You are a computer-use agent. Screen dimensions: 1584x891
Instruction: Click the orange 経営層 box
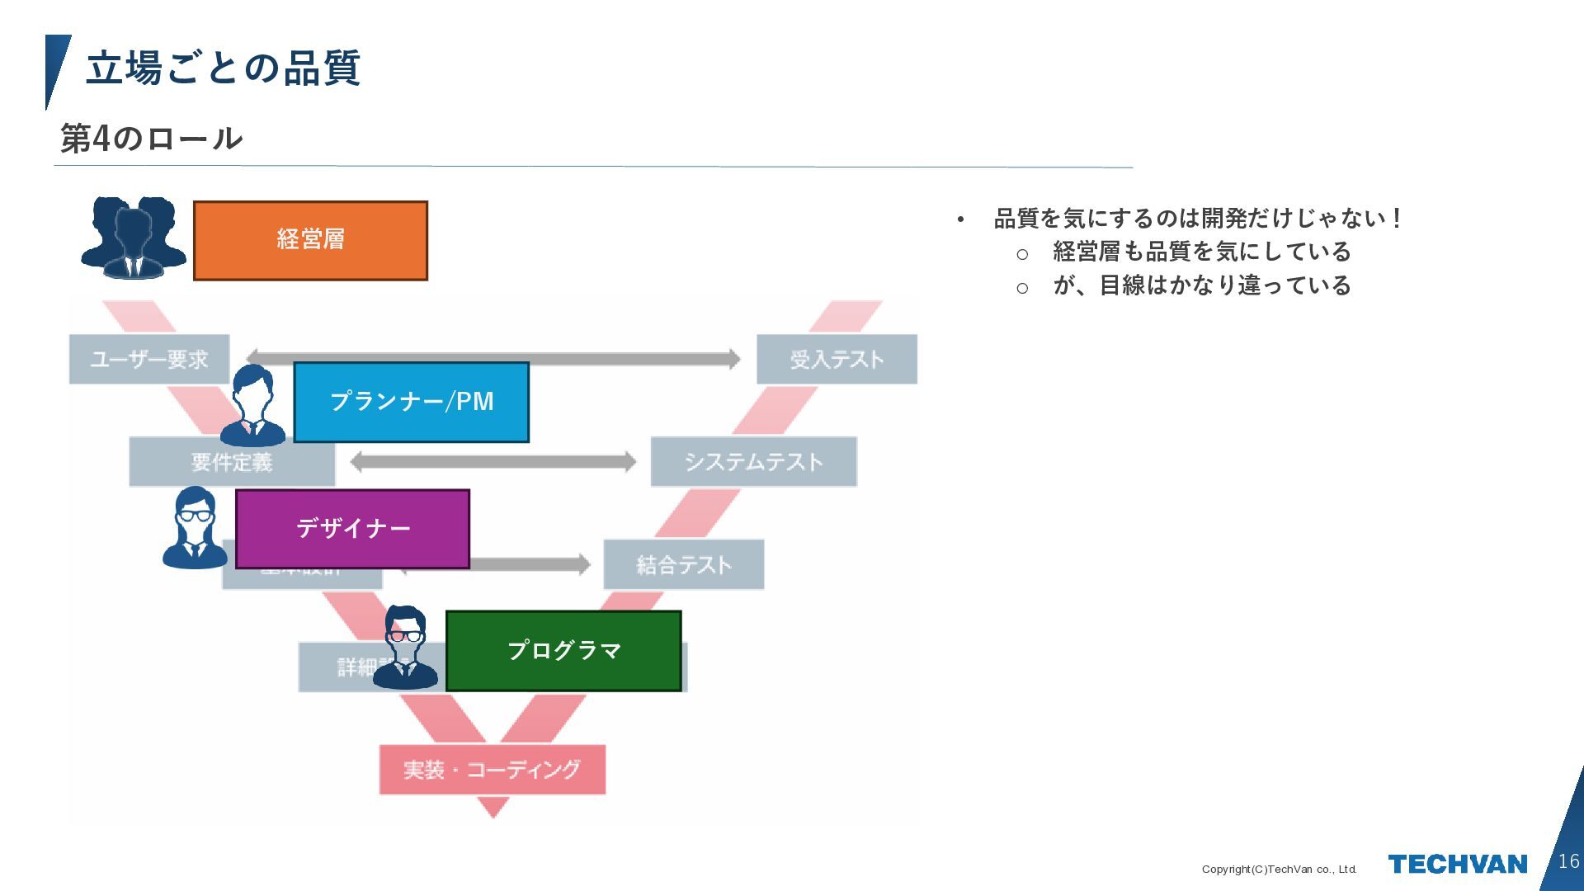click(x=310, y=240)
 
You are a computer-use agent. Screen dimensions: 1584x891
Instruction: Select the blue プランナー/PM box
click(x=411, y=402)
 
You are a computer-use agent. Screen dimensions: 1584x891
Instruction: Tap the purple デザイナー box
click(x=352, y=529)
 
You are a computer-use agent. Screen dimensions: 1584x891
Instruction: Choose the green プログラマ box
click(x=563, y=651)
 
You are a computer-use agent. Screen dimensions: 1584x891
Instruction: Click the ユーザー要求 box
click(x=148, y=359)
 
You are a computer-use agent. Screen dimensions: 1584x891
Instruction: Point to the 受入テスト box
click(x=837, y=359)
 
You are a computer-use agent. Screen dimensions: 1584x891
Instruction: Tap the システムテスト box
click(x=753, y=462)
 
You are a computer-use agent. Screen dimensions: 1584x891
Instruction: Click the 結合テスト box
click(x=683, y=565)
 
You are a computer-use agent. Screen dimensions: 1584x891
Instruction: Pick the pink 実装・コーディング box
click(x=492, y=770)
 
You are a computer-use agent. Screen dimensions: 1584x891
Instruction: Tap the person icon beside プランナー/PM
click(x=253, y=407)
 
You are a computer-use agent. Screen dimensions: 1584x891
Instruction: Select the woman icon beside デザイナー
click(x=195, y=528)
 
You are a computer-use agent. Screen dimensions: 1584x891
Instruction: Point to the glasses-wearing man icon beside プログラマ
click(x=405, y=648)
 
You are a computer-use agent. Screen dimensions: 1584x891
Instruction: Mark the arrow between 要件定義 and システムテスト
click(x=493, y=462)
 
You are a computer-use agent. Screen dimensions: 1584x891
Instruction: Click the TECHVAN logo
click(x=1457, y=864)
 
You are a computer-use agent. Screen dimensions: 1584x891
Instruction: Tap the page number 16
click(x=1568, y=861)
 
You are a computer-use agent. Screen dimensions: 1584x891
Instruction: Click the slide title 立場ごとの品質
click(x=223, y=68)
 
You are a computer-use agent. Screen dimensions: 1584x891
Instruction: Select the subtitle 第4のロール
click(x=152, y=139)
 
